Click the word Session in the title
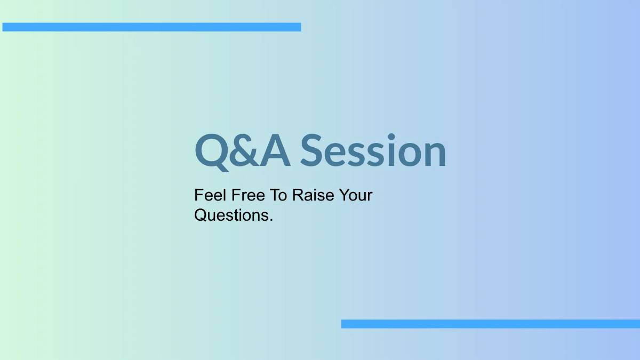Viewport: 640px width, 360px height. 373,151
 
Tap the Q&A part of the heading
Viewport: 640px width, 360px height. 243,151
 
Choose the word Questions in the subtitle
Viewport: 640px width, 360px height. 231,215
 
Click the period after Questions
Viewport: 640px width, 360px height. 271,220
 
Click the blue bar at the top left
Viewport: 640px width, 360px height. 151,27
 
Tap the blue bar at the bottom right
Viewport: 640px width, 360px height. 490,324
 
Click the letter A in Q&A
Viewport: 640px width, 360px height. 275,151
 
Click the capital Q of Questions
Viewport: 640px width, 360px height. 201,215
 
